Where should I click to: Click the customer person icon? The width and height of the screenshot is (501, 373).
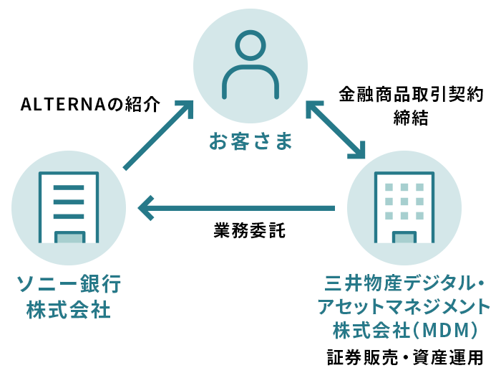pos(250,66)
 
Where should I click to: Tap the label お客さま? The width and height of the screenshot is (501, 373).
pos(250,141)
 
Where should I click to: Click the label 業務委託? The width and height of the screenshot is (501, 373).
pos(250,231)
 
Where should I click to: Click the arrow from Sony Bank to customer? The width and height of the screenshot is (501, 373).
pos(159,134)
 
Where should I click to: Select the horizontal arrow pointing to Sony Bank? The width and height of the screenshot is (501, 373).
pos(236,208)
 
